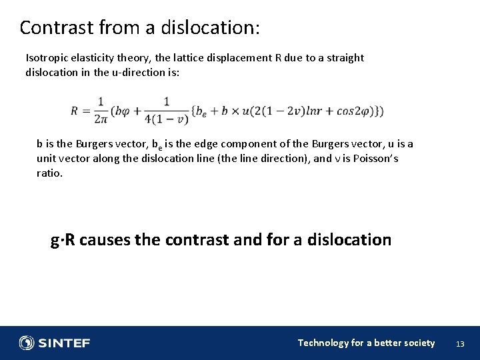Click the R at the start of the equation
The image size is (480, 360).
[x=75, y=111]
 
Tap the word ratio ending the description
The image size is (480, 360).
[x=49, y=173]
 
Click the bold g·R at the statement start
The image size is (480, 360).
[x=63, y=240]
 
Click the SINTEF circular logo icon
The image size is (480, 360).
[x=27, y=343]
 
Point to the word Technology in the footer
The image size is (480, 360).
[x=323, y=343]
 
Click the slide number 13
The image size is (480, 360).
[x=459, y=344]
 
